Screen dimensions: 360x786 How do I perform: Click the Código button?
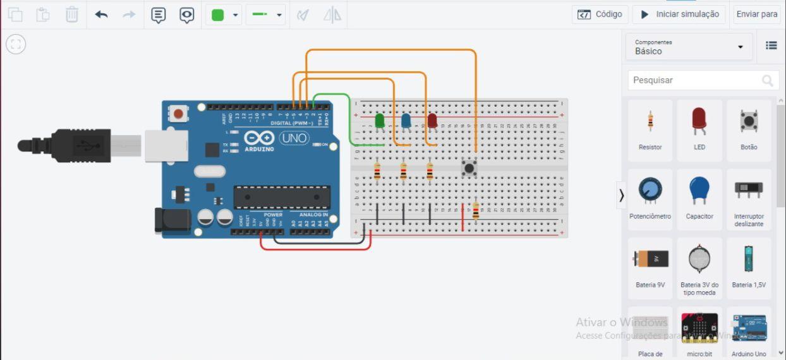coord(601,14)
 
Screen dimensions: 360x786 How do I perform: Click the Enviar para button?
coord(756,14)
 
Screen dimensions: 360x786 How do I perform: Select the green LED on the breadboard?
coord(380,121)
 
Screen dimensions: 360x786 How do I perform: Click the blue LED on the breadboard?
coord(406,121)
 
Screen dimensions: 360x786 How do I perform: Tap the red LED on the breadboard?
coord(432,121)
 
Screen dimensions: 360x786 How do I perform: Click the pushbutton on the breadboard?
coord(469,169)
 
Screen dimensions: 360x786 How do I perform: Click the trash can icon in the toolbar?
coord(72,15)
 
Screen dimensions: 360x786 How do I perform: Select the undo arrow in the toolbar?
coord(101,15)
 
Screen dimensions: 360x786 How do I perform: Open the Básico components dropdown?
coord(689,47)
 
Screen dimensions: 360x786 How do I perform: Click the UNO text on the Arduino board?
coord(293,138)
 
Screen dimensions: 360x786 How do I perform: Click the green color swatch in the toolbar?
coord(218,15)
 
